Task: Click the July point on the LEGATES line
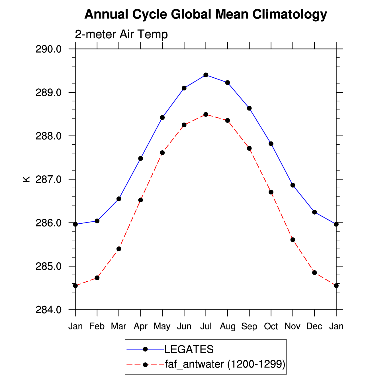tap(206, 75)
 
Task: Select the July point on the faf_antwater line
tap(206, 114)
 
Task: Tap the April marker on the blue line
tap(140, 158)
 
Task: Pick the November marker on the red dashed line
tap(293, 240)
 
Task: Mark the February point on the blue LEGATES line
tap(97, 221)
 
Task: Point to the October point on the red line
tap(271, 192)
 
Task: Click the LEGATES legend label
tap(189, 349)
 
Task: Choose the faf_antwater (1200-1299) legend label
tap(225, 364)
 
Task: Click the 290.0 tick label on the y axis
tap(49, 49)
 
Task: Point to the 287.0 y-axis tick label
tap(49, 179)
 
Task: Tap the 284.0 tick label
tap(49, 310)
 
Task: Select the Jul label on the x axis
tap(206, 326)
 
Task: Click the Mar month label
tap(119, 326)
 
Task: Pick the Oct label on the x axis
tap(271, 326)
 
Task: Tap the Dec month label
tap(314, 326)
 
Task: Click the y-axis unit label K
tap(26, 179)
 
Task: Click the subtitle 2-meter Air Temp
tap(121, 34)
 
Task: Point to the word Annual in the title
tap(106, 14)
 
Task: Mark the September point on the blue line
tap(249, 108)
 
